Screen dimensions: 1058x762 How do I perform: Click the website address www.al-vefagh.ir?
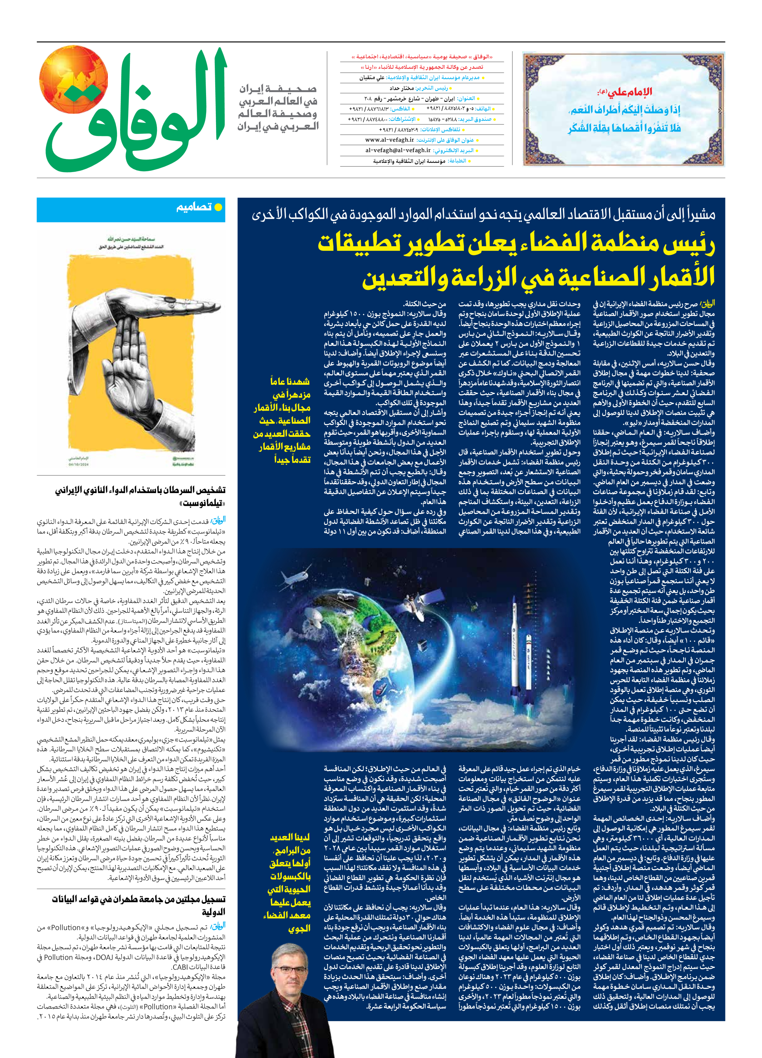tap(390, 140)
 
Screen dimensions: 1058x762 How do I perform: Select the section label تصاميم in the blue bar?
tap(194, 207)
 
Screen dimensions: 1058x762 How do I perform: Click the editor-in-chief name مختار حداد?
tap(401, 88)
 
